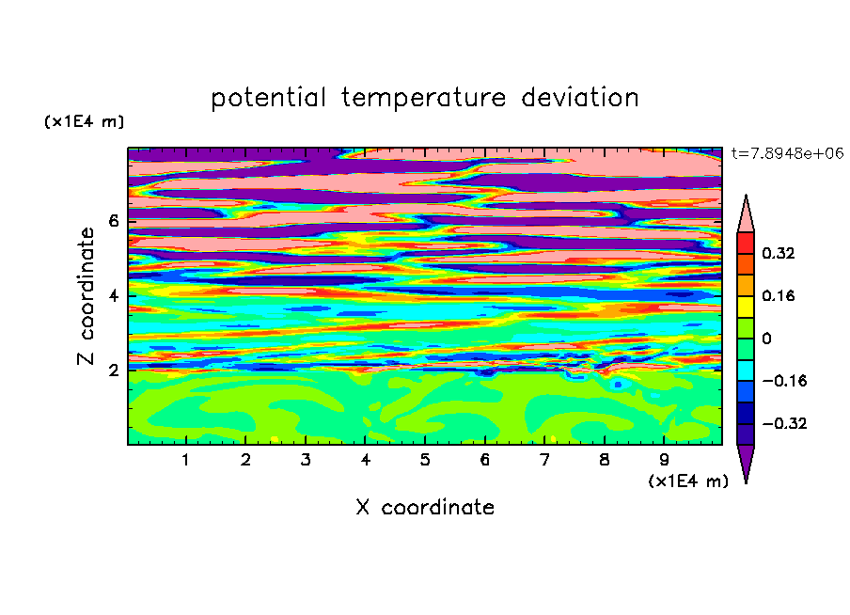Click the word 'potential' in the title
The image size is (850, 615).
click(268, 98)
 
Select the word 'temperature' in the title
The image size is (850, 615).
click(423, 98)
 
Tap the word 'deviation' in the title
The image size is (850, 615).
click(579, 97)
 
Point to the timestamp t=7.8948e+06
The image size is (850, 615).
click(787, 153)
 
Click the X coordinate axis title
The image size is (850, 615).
click(425, 507)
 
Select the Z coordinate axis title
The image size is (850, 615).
click(86, 295)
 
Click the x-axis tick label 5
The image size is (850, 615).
click(425, 460)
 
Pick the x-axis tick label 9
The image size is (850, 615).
click(664, 460)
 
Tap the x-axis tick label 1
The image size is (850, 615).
click(185, 460)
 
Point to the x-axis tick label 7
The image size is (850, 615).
click(544, 460)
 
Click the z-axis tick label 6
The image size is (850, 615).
click(113, 221)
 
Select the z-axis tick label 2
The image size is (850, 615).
click(113, 371)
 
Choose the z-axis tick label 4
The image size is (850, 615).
click(113, 296)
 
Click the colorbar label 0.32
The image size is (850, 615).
click(778, 253)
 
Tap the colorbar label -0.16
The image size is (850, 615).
click(784, 381)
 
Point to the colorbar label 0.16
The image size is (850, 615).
click(778, 295)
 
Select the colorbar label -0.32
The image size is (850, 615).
click(784, 423)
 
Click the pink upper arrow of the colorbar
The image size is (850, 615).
click(746, 218)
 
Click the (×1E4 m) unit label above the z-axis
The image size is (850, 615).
click(84, 121)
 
